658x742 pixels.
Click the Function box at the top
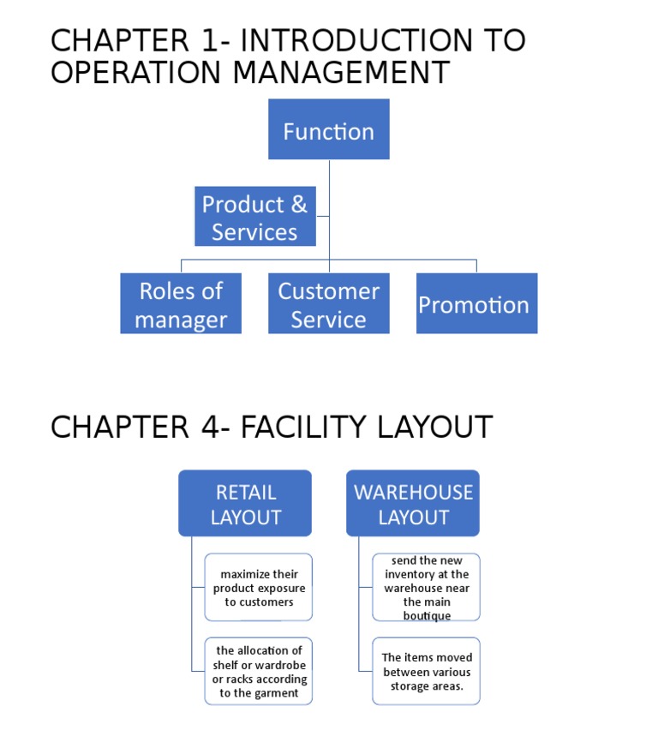click(328, 129)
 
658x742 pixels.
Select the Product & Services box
click(254, 217)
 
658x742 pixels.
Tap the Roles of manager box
click(181, 304)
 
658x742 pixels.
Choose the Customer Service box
click(328, 304)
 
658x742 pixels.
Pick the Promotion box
click(476, 304)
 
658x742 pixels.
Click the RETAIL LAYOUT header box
click(245, 504)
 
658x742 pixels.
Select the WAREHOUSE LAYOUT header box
click(413, 504)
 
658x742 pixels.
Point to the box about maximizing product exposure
click(259, 588)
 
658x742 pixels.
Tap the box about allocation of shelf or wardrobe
click(259, 672)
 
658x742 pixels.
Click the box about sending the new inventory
click(426, 588)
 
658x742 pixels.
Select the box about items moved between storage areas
click(426, 672)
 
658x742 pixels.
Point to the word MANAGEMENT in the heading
click(340, 73)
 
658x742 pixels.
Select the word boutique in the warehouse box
click(427, 616)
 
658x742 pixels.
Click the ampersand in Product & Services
click(298, 205)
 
